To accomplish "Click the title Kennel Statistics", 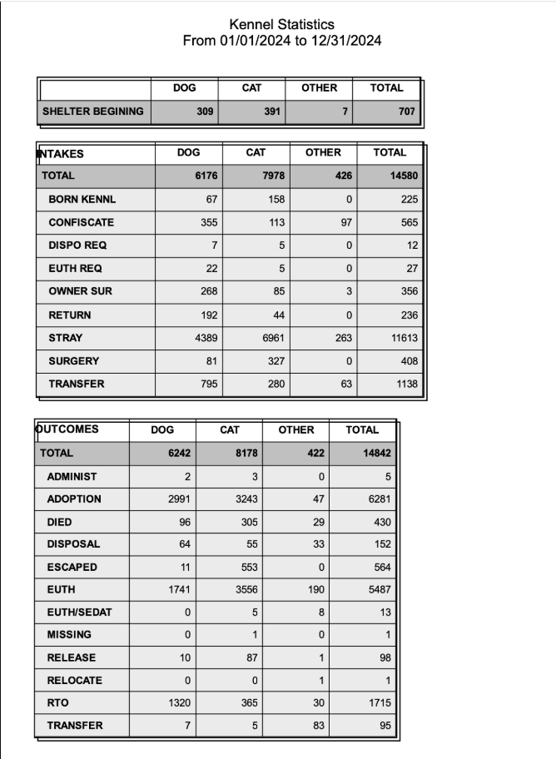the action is tap(281, 25).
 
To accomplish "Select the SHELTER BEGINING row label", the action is tap(93, 112).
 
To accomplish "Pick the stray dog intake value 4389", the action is tap(204, 339).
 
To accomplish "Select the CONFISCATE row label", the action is tap(82, 223).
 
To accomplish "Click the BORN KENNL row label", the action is tap(82, 200).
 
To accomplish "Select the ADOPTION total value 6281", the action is tap(377, 499).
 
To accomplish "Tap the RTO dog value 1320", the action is tap(178, 703).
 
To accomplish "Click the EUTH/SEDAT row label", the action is tap(79, 613).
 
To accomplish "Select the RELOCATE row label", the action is tap(75, 681).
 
